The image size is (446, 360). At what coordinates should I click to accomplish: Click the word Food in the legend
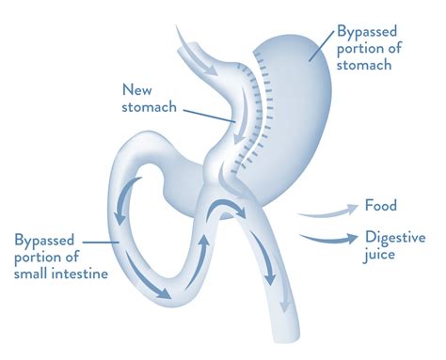pyautogui.click(x=382, y=206)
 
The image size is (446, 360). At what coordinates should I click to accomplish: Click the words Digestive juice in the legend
pyautogui.click(x=395, y=246)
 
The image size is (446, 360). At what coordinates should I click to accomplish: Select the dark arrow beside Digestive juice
pyautogui.click(x=327, y=238)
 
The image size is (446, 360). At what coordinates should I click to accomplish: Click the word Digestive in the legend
pyautogui.click(x=395, y=237)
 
